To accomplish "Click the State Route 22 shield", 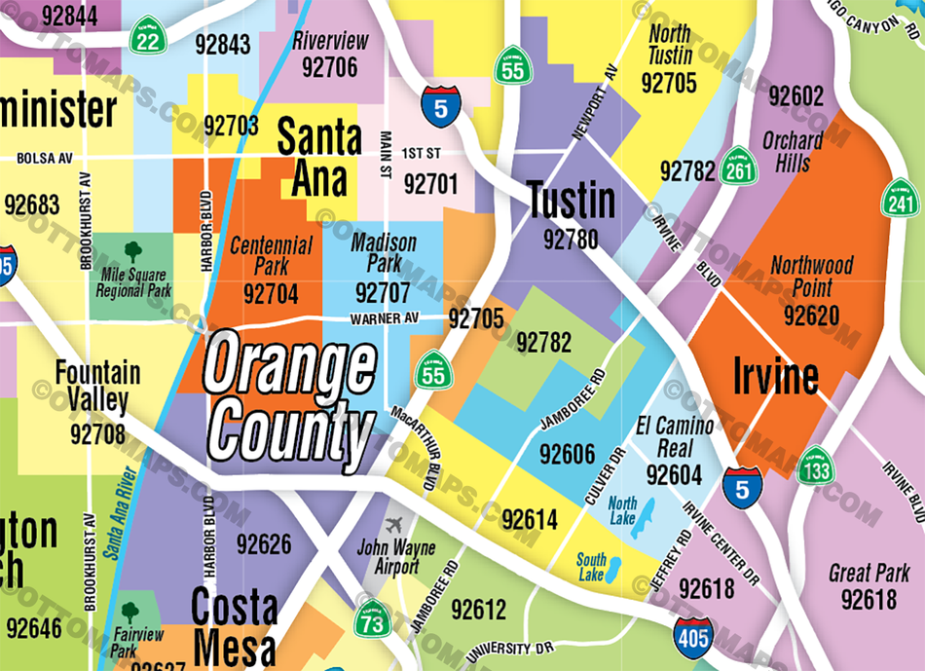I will pyautogui.click(x=149, y=35).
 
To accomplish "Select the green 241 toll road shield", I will pyautogui.click(x=899, y=200).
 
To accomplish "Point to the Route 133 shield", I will pyautogui.click(x=815, y=467).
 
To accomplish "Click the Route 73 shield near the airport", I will pyautogui.click(x=372, y=619).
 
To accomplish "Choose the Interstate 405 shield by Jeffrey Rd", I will pyautogui.click(x=692, y=638).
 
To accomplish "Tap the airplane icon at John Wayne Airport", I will pyautogui.click(x=394, y=525).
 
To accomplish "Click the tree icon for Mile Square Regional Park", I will pyautogui.click(x=133, y=252).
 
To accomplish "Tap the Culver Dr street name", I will pyautogui.click(x=603, y=474).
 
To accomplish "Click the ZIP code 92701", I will pyautogui.click(x=430, y=183).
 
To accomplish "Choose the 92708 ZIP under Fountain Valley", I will pyautogui.click(x=97, y=432).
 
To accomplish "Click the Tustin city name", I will pyautogui.click(x=572, y=202).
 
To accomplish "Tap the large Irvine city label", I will pyautogui.click(x=775, y=376).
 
